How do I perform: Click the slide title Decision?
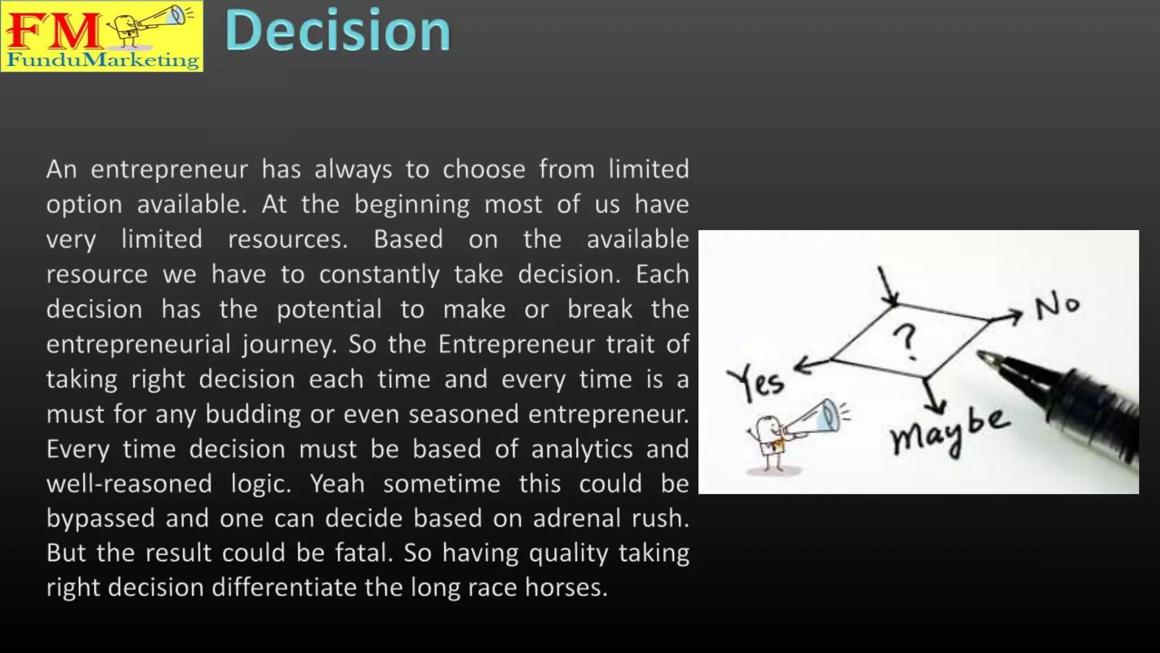point(338,31)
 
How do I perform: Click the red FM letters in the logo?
point(54,31)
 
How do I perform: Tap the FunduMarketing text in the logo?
point(103,60)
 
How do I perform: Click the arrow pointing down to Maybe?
point(932,397)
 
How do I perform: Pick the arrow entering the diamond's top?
point(888,286)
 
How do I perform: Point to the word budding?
point(253,414)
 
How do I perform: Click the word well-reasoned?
point(129,484)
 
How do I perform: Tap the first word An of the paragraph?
point(61,169)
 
